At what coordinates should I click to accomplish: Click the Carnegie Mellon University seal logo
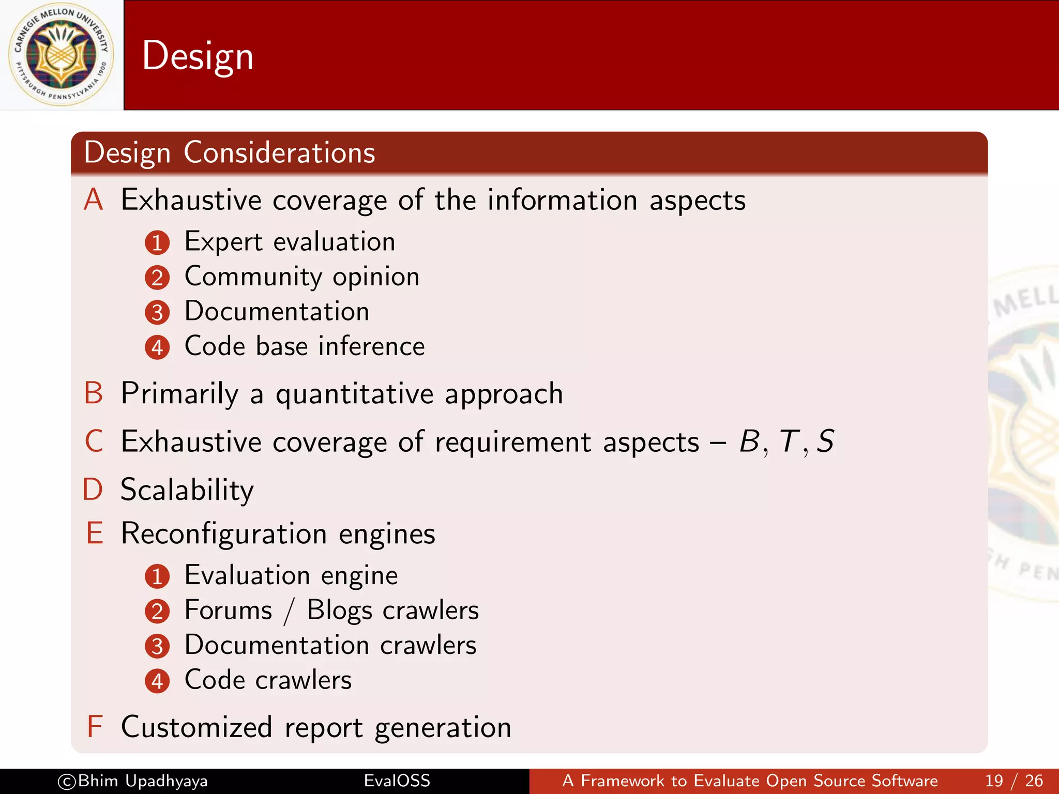tap(61, 55)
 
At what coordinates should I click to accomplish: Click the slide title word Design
tap(198, 56)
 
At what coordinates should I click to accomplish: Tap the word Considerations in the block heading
tap(279, 152)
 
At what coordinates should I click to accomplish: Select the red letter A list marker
tap(94, 200)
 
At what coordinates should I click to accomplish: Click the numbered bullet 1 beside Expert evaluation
tap(157, 242)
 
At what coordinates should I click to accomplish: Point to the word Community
tap(253, 277)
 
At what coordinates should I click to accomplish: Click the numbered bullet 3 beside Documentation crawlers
tap(157, 646)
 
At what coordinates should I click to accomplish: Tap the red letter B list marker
tap(94, 393)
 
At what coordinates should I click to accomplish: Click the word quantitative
tap(355, 394)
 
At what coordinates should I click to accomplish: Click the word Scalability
tap(187, 490)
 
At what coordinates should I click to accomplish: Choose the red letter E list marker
tap(95, 533)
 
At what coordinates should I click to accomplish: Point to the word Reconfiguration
tap(224, 534)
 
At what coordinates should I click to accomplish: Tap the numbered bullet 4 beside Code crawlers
tap(157, 681)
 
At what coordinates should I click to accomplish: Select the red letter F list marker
tap(95, 727)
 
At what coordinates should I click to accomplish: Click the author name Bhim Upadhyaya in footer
tap(142, 781)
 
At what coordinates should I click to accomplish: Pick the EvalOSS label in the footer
tap(397, 781)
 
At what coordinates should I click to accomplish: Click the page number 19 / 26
tap(1013, 781)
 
